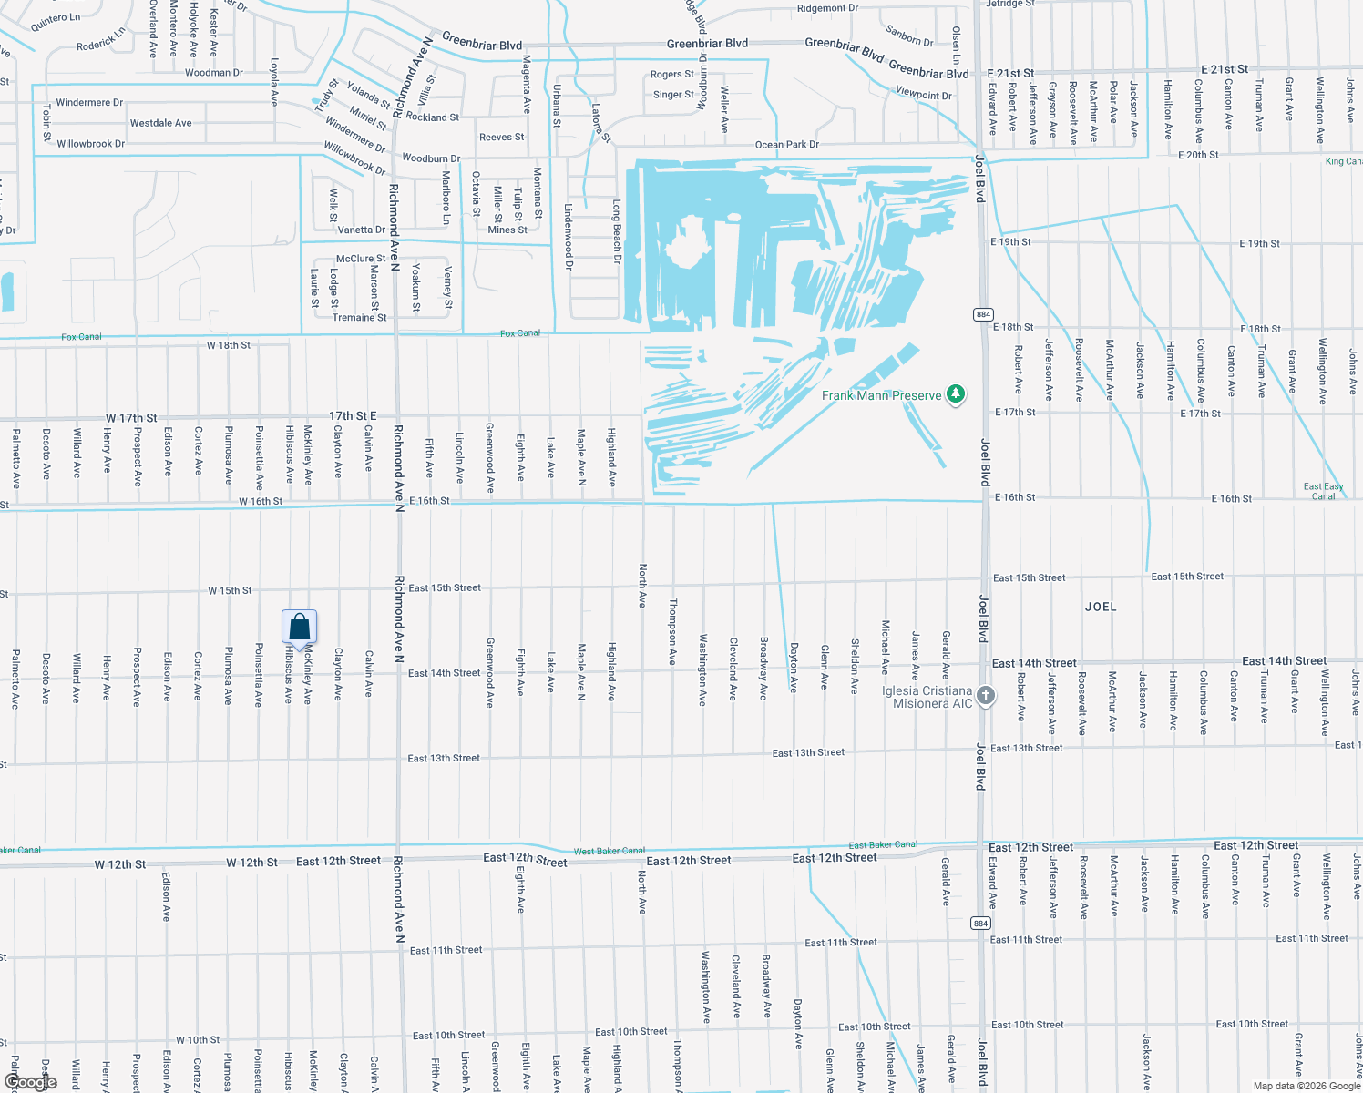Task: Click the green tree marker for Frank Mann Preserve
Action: coord(955,394)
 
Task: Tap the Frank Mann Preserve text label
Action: coord(881,395)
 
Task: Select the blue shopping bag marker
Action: coord(300,628)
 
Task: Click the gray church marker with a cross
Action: coord(986,697)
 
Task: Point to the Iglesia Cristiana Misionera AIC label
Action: coord(927,698)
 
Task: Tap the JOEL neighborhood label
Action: coord(1101,607)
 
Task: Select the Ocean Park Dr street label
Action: coord(786,145)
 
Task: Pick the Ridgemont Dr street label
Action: coord(827,8)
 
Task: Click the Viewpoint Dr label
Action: coord(923,94)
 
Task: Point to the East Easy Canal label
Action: coord(1323,491)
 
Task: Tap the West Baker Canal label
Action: coord(609,851)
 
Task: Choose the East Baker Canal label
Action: coord(883,845)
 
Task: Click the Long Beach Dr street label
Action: coord(617,232)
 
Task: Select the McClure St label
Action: coord(361,259)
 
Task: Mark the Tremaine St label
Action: coord(359,318)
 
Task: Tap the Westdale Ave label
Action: coord(160,123)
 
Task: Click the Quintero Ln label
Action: coord(56,19)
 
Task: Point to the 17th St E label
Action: coord(353,415)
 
